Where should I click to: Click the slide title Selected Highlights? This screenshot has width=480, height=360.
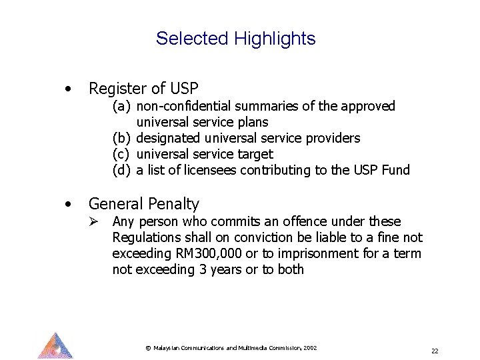tap(235, 39)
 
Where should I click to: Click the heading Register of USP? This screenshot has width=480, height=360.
tap(143, 88)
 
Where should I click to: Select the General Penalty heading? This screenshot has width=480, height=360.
tap(143, 203)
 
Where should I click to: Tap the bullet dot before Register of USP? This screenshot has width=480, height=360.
tap(67, 89)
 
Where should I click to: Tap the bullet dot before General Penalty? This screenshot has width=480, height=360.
tap(67, 203)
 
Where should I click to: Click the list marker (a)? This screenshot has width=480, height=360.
tap(121, 106)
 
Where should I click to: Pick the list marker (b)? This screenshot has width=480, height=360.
tap(121, 138)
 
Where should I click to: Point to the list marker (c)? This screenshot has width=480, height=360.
tap(121, 154)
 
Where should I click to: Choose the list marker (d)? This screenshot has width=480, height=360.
tap(121, 170)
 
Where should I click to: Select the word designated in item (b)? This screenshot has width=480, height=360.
tap(166, 138)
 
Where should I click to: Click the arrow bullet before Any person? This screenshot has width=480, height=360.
tap(96, 221)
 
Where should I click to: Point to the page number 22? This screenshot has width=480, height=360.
tap(435, 351)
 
